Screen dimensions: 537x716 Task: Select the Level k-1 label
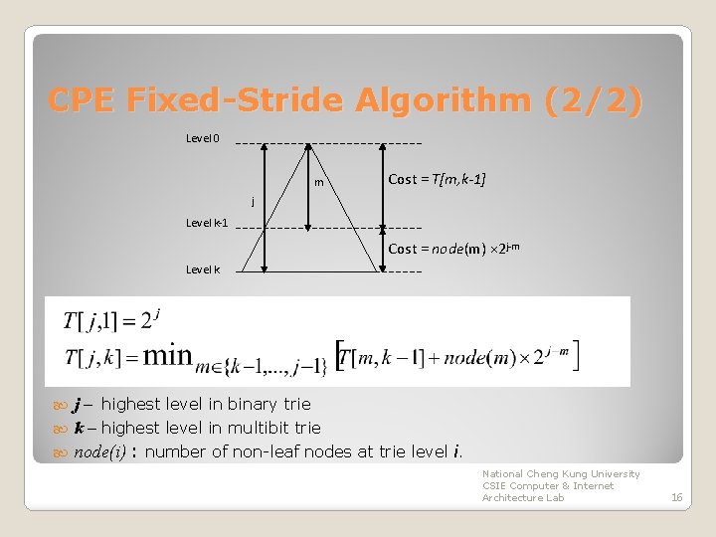(x=208, y=223)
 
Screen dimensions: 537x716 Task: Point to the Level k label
(x=204, y=269)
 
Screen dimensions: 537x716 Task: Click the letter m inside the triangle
(x=318, y=183)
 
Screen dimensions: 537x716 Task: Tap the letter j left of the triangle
(x=253, y=202)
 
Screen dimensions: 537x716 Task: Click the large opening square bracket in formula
(x=340, y=356)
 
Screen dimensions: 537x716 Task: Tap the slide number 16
(x=676, y=496)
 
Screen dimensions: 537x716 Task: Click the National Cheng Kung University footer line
(x=561, y=474)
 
